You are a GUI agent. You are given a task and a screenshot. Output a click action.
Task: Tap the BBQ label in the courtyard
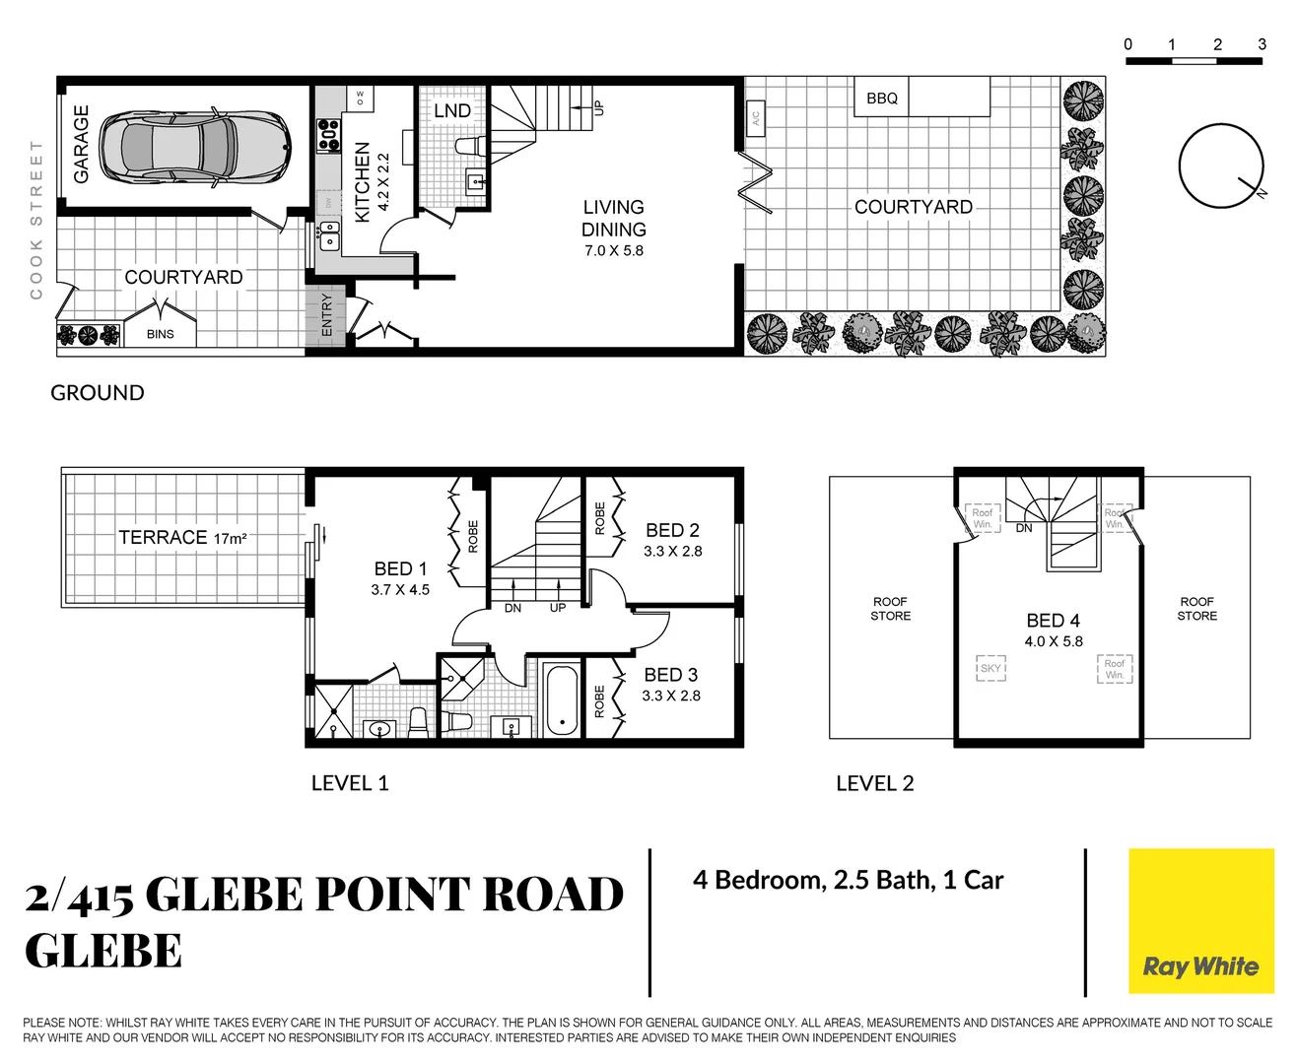point(882,99)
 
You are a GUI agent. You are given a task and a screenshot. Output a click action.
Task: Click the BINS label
point(160,334)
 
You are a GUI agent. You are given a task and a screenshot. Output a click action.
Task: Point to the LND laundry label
point(452,110)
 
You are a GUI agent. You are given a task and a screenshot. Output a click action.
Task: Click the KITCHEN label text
point(362,181)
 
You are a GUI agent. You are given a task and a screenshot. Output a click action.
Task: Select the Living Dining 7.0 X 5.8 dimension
point(613,251)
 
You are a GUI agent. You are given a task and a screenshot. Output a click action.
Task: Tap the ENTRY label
point(327,315)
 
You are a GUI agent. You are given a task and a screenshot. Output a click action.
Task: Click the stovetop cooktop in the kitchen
point(327,135)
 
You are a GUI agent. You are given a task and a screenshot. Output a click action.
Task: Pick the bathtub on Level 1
point(562,700)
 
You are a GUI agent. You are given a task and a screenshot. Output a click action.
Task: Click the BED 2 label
point(672,530)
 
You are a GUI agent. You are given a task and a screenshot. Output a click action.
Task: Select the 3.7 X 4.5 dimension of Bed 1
point(400,590)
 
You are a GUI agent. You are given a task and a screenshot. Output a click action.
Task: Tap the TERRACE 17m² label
point(182,538)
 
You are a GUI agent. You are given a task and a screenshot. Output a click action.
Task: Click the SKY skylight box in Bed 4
point(990,668)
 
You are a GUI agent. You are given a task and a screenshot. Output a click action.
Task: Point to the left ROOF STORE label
point(890,609)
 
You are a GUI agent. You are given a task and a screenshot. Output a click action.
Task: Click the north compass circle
point(1220,166)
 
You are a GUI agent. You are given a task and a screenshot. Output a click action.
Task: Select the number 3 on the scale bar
point(1262,44)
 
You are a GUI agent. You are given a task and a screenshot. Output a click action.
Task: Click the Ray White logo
point(1200,921)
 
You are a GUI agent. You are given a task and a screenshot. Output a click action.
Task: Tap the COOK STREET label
point(36,220)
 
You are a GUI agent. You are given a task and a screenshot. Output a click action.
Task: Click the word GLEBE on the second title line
point(103,952)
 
